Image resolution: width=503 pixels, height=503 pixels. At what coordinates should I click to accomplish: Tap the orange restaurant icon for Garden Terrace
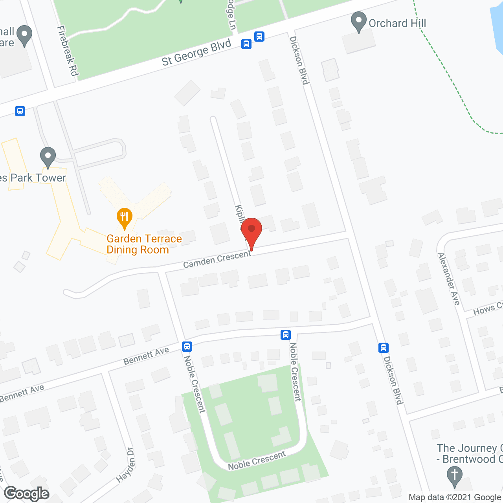tap(125, 218)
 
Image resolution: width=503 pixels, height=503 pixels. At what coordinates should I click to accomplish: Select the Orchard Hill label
tap(397, 24)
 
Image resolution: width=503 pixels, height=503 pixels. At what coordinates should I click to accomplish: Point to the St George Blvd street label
tap(196, 53)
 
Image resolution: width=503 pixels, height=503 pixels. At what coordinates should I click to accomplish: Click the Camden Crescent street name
tap(217, 259)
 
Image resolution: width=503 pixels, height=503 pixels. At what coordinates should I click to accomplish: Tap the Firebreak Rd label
tap(68, 51)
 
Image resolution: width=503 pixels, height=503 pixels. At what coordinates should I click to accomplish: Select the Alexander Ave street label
tap(449, 279)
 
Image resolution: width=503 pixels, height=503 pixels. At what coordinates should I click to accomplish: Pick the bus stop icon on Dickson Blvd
tap(384, 348)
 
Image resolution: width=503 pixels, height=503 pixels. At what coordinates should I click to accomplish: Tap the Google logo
tap(27, 494)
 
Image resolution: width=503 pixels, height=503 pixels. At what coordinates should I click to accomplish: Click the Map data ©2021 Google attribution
tap(455, 497)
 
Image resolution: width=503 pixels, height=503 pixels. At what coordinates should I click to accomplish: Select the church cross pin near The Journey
tap(455, 476)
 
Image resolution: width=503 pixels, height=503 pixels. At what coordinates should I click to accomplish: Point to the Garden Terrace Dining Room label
tap(144, 244)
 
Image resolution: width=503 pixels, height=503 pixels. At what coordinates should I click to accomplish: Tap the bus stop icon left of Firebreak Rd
tap(20, 111)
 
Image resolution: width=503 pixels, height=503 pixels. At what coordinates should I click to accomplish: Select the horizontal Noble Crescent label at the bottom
tap(257, 461)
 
